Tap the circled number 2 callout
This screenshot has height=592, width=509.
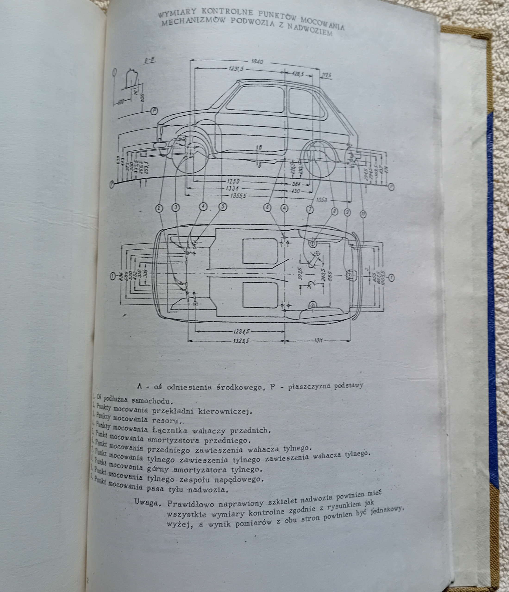[159, 208]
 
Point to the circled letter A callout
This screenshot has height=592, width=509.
[284, 208]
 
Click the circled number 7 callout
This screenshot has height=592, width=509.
[309, 210]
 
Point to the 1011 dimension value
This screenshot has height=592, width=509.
[317, 340]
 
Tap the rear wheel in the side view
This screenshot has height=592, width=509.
[320, 159]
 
